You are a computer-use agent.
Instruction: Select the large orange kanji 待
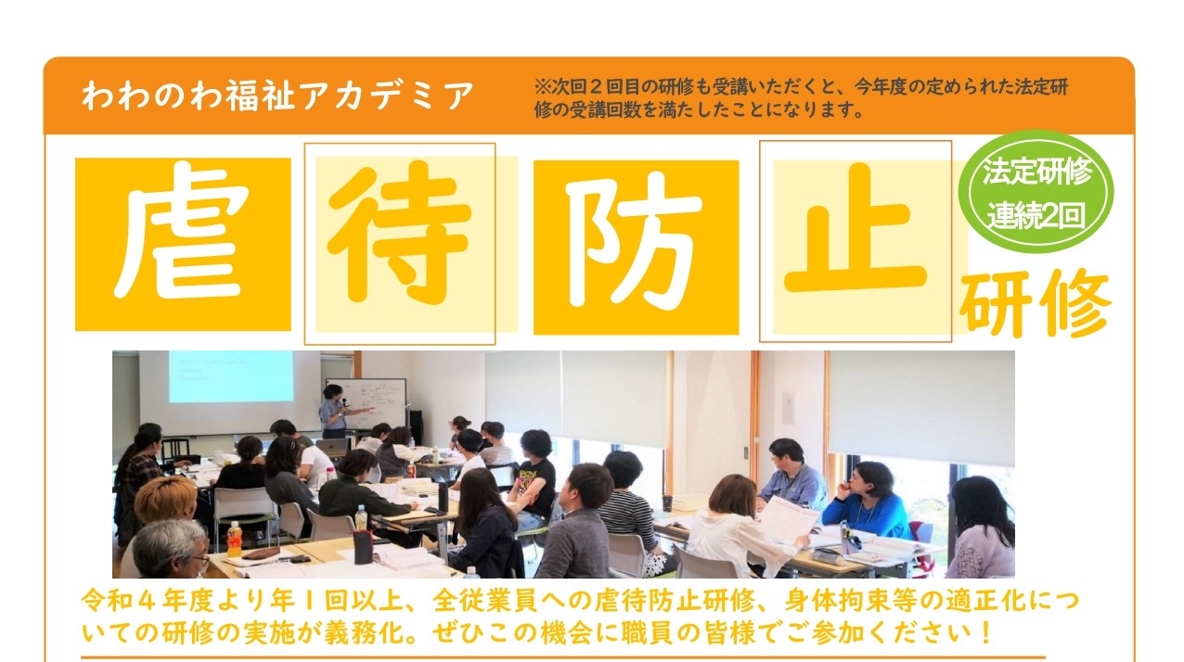coord(400,233)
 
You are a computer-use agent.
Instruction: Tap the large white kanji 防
coord(635,240)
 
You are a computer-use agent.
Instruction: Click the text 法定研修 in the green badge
coord(1036,172)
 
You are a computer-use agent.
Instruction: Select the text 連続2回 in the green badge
coord(1036,215)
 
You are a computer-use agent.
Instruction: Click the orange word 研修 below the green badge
coord(1036,303)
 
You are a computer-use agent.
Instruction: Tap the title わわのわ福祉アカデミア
coord(277,95)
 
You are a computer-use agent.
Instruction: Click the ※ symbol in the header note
coord(542,86)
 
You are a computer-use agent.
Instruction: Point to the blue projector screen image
coord(231,376)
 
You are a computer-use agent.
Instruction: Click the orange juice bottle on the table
coord(234,539)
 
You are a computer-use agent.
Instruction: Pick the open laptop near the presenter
coord(332,448)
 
